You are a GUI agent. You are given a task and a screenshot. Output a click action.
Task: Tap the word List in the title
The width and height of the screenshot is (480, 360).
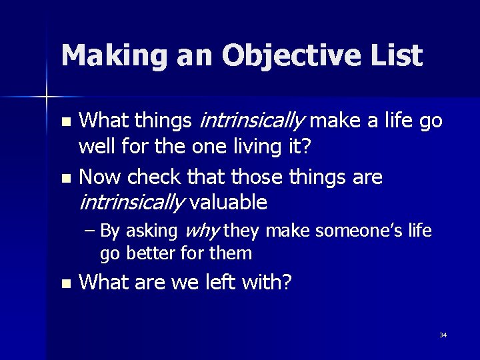(397, 55)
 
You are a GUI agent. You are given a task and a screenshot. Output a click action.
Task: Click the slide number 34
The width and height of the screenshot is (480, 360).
(443, 335)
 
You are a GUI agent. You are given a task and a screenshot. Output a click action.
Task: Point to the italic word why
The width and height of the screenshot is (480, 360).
(201, 231)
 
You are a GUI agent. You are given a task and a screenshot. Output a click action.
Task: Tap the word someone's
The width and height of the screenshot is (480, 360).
(357, 231)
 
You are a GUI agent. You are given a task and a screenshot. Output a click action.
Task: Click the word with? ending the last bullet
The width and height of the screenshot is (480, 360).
(269, 283)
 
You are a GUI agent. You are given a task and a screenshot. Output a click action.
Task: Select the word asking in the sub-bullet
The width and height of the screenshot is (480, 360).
(151, 231)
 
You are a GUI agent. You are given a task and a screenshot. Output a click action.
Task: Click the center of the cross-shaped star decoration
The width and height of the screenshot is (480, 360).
(47, 98)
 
